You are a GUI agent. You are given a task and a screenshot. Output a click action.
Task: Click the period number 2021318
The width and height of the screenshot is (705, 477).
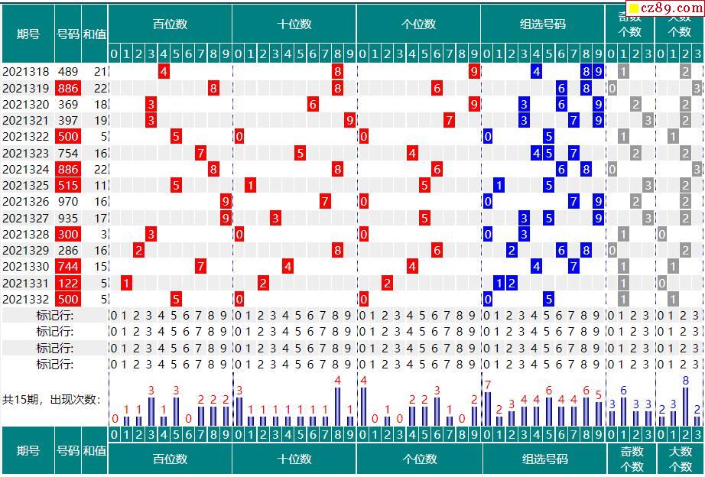(26, 72)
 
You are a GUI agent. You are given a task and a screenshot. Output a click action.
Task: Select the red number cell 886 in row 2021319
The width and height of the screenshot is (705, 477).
(68, 88)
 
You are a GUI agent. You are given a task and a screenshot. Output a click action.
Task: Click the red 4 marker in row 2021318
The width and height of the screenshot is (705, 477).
(164, 72)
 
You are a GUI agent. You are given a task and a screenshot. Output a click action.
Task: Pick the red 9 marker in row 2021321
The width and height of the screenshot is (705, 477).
(349, 120)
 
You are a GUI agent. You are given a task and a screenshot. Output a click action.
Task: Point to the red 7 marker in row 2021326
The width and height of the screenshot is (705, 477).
(325, 201)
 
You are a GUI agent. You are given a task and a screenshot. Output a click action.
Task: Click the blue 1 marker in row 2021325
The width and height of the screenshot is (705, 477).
(499, 185)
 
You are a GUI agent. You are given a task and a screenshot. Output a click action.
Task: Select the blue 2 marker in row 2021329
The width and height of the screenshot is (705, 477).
(512, 250)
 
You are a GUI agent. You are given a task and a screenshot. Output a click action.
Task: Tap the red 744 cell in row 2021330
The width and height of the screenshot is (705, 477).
(68, 266)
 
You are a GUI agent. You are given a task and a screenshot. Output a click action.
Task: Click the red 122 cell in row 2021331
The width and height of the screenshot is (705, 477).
(68, 283)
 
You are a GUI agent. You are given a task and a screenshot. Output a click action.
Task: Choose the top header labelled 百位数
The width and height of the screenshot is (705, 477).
(170, 24)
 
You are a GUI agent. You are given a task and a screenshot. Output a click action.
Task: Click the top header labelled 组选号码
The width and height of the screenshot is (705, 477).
(543, 24)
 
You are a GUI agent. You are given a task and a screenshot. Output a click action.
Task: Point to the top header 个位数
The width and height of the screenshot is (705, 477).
(418, 24)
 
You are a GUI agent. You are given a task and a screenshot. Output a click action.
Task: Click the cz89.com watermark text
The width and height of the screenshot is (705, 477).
(663, 9)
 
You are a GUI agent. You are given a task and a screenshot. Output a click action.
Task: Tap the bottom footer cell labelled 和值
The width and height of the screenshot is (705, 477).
(94, 451)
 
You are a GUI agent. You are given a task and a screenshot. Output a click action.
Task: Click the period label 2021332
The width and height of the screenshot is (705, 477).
(26, 299)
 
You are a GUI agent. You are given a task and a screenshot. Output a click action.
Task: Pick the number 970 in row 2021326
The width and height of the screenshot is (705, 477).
(68, 201)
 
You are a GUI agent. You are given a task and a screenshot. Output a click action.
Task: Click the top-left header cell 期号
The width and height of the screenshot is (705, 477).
(28, 34)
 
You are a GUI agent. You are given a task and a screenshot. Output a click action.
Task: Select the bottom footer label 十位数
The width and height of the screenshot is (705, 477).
(294, 459)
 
